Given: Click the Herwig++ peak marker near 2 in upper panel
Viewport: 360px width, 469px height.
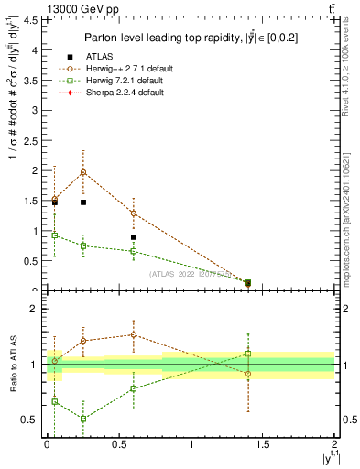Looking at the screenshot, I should tap(83, 171).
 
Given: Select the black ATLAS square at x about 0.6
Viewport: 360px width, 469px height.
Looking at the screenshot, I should tap(133, 237).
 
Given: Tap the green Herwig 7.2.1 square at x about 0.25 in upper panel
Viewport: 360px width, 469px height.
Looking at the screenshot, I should tap(83, 245).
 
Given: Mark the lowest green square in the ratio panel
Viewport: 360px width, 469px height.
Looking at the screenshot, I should tap(83, 419).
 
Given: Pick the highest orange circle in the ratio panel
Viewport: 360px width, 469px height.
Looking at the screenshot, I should tap(133, 334).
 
